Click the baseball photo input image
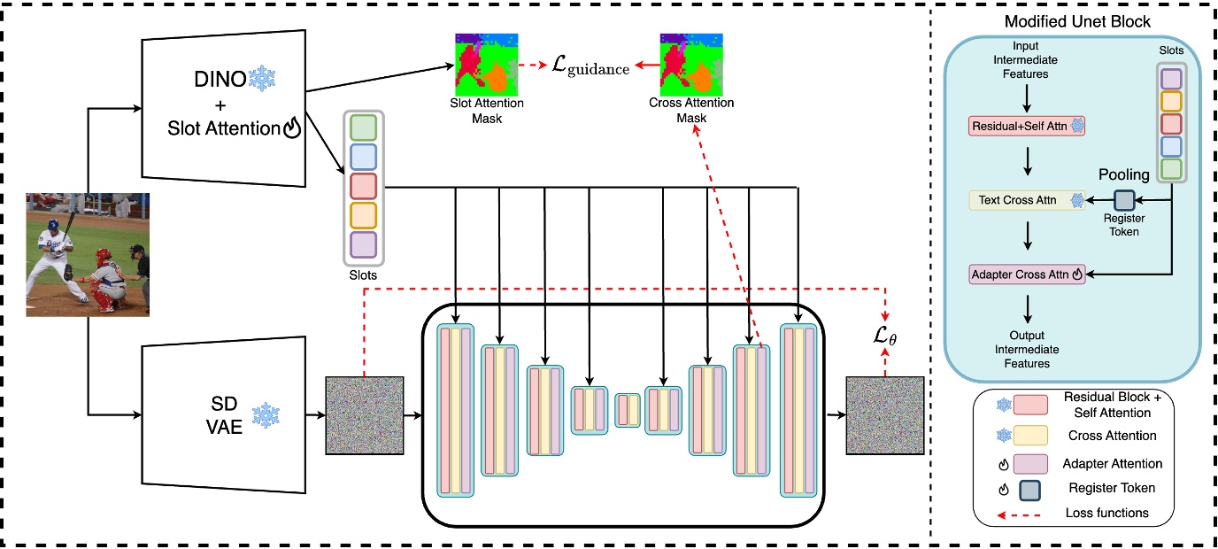pyautogui.click(x=88, y=254)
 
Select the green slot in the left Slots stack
pyautogui.click(x=364, y=127)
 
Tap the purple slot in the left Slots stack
pyautogui.click(x=364, y=244)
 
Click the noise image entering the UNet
pyautogui.click(x=365, y=415)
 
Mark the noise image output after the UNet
pyautogui.click(x=884, y=415)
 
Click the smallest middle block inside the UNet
pyautogui.click(x=628, y=411)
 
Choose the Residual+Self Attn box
pyautogui.click(x=1027, y=127)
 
